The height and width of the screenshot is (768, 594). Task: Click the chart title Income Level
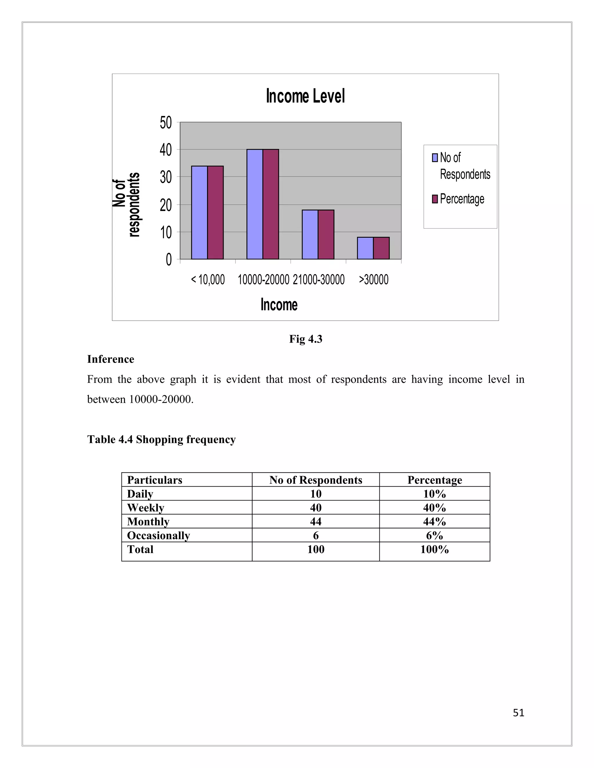[305, 96]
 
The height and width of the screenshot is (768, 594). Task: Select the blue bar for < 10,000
[199, 212]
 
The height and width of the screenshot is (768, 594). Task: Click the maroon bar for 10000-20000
[271, 204]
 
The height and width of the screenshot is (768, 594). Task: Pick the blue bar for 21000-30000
[310, 234]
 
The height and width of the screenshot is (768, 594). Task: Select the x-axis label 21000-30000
[318, 280]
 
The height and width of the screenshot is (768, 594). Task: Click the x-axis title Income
[279, 305]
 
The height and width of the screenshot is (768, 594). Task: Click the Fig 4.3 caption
[305, 339]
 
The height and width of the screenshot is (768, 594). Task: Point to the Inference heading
[111, 359]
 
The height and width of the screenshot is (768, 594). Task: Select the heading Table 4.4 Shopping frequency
[161, 439]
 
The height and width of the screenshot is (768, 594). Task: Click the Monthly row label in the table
[148, 521]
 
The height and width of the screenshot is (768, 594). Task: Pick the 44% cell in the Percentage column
[434, 521]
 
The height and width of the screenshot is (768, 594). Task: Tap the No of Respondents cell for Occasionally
[316, 535]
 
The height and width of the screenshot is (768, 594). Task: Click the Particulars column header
[155, 480]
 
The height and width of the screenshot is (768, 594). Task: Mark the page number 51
[518, 712]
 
